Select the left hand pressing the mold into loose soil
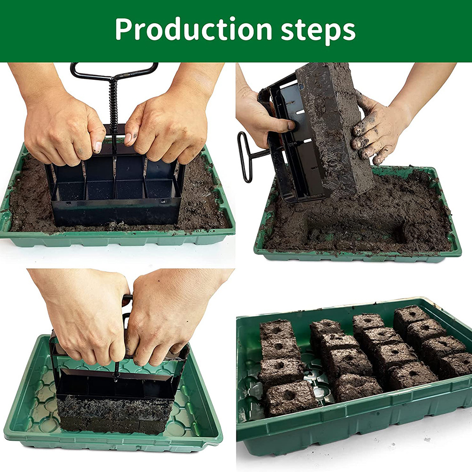[x=61, y=127]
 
